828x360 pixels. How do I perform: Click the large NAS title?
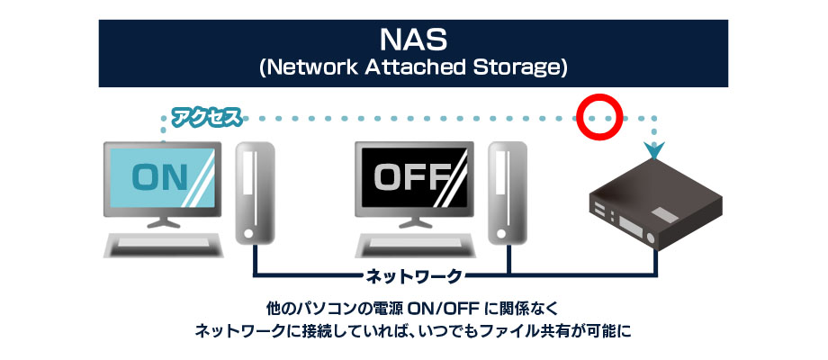click(414, 40)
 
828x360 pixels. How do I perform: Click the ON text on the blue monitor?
click(159, 177)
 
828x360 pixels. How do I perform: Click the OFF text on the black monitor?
click(411, 177)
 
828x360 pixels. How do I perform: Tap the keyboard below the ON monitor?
click(165, 243)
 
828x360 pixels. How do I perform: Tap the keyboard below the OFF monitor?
click(417, 243)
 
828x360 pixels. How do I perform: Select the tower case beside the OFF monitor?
click(505, 193)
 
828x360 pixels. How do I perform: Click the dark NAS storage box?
click(657, 202)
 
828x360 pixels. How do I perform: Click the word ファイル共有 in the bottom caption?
click(531, 330)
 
